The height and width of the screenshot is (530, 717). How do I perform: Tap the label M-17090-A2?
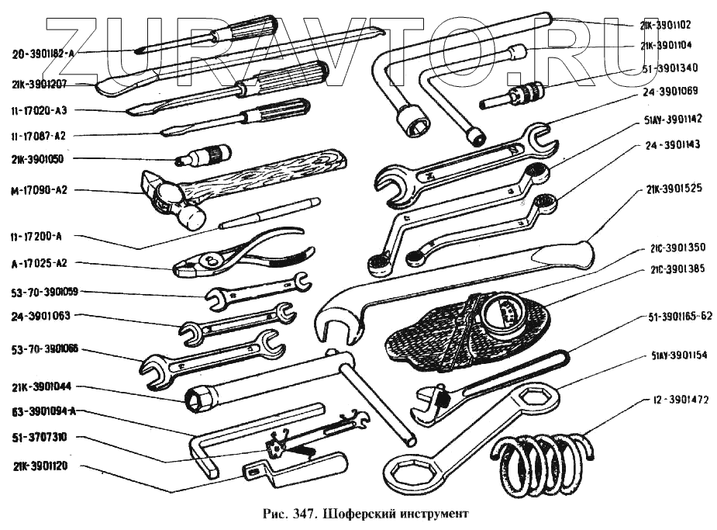46,190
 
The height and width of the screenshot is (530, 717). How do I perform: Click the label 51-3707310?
39,438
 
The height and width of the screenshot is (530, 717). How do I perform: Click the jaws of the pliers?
193,268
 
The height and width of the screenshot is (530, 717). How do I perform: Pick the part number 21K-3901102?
671,24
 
